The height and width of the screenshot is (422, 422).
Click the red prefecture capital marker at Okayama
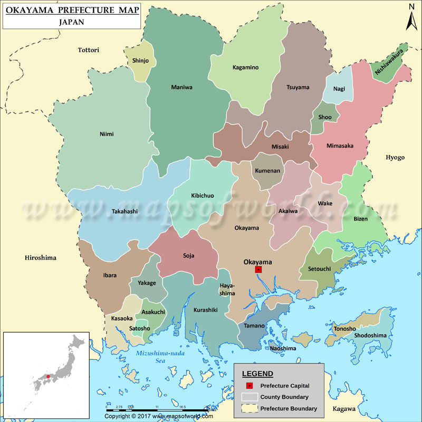[x=258, y=270]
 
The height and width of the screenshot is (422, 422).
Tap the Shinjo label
[x=140, y=61]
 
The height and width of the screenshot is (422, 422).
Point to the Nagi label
[x=339, y=89]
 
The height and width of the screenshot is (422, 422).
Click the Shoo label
[x=325, y=118]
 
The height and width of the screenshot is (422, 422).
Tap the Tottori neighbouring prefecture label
[x=89, y=50]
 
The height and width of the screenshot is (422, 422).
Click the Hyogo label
[x=395, y=157]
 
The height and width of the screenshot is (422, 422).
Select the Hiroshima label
[x=40, y=258]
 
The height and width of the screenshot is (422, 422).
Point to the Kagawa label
[x=344, y=409]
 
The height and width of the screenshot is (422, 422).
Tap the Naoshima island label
[x=283, y=348]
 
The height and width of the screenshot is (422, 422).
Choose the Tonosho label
[x=344, y=329]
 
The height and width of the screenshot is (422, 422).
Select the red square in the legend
[x=250, y=386]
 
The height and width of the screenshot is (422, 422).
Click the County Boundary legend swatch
[x=250, y=397]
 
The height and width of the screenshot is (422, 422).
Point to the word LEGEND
[x=258, y=373]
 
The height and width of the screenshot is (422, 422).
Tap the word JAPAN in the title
[x=72, y=23]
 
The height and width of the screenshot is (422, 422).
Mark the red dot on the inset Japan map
[x=48, y=376]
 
